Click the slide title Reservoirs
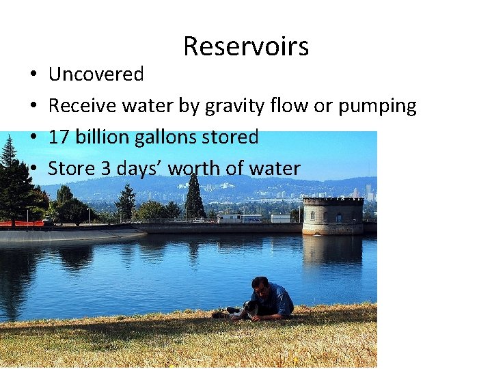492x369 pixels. (246, 46)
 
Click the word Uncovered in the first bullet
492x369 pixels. (96, 74)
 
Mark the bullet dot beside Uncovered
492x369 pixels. (33, 74)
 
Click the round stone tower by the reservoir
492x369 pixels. (333, 215)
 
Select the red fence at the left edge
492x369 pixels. (20, 223)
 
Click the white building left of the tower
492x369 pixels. (238, 218)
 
